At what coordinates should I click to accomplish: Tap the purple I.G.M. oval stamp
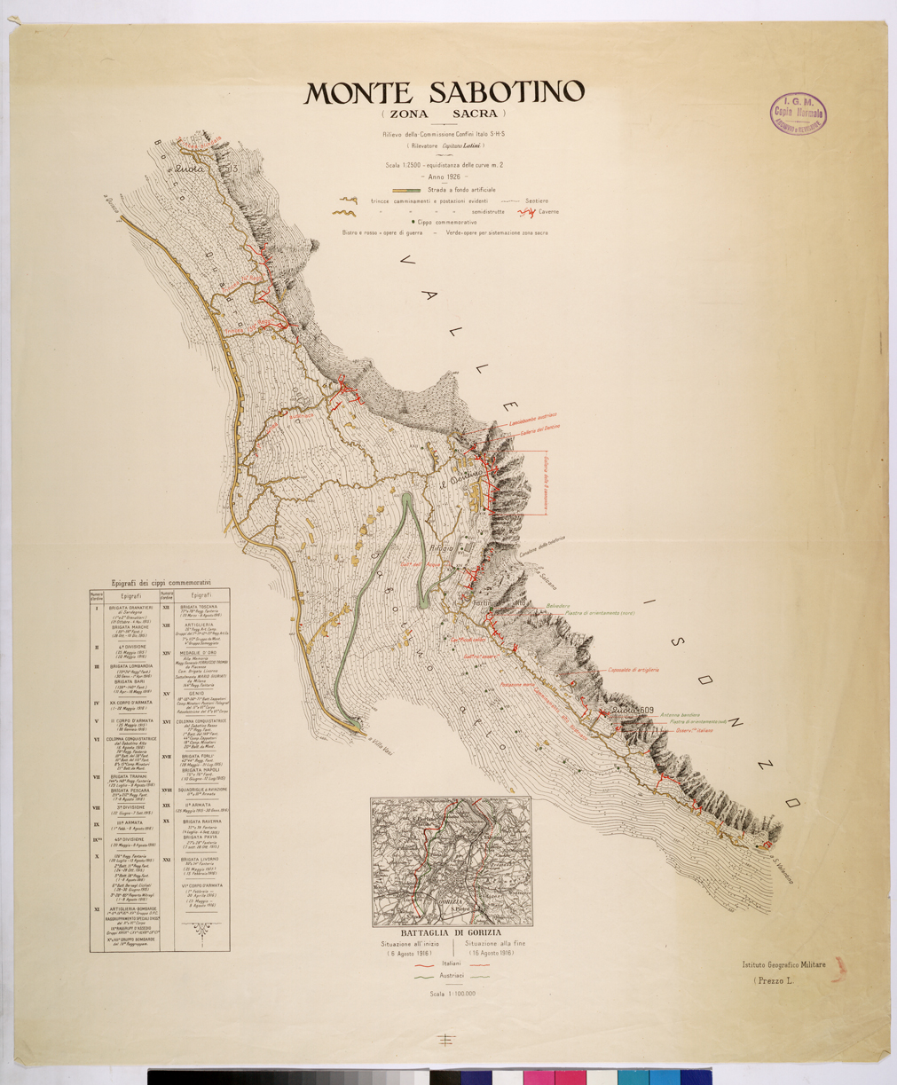(x=799, y=113)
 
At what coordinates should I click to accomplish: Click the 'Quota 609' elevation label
(x=633, y=710)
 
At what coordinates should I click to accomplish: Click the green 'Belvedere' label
(x=557, y=606)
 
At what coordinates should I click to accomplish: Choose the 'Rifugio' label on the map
(x=442, y=548)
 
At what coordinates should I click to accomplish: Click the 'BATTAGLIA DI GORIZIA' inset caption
(x=451, y=932)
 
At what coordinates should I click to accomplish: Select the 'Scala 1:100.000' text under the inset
(x=452, y=994)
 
